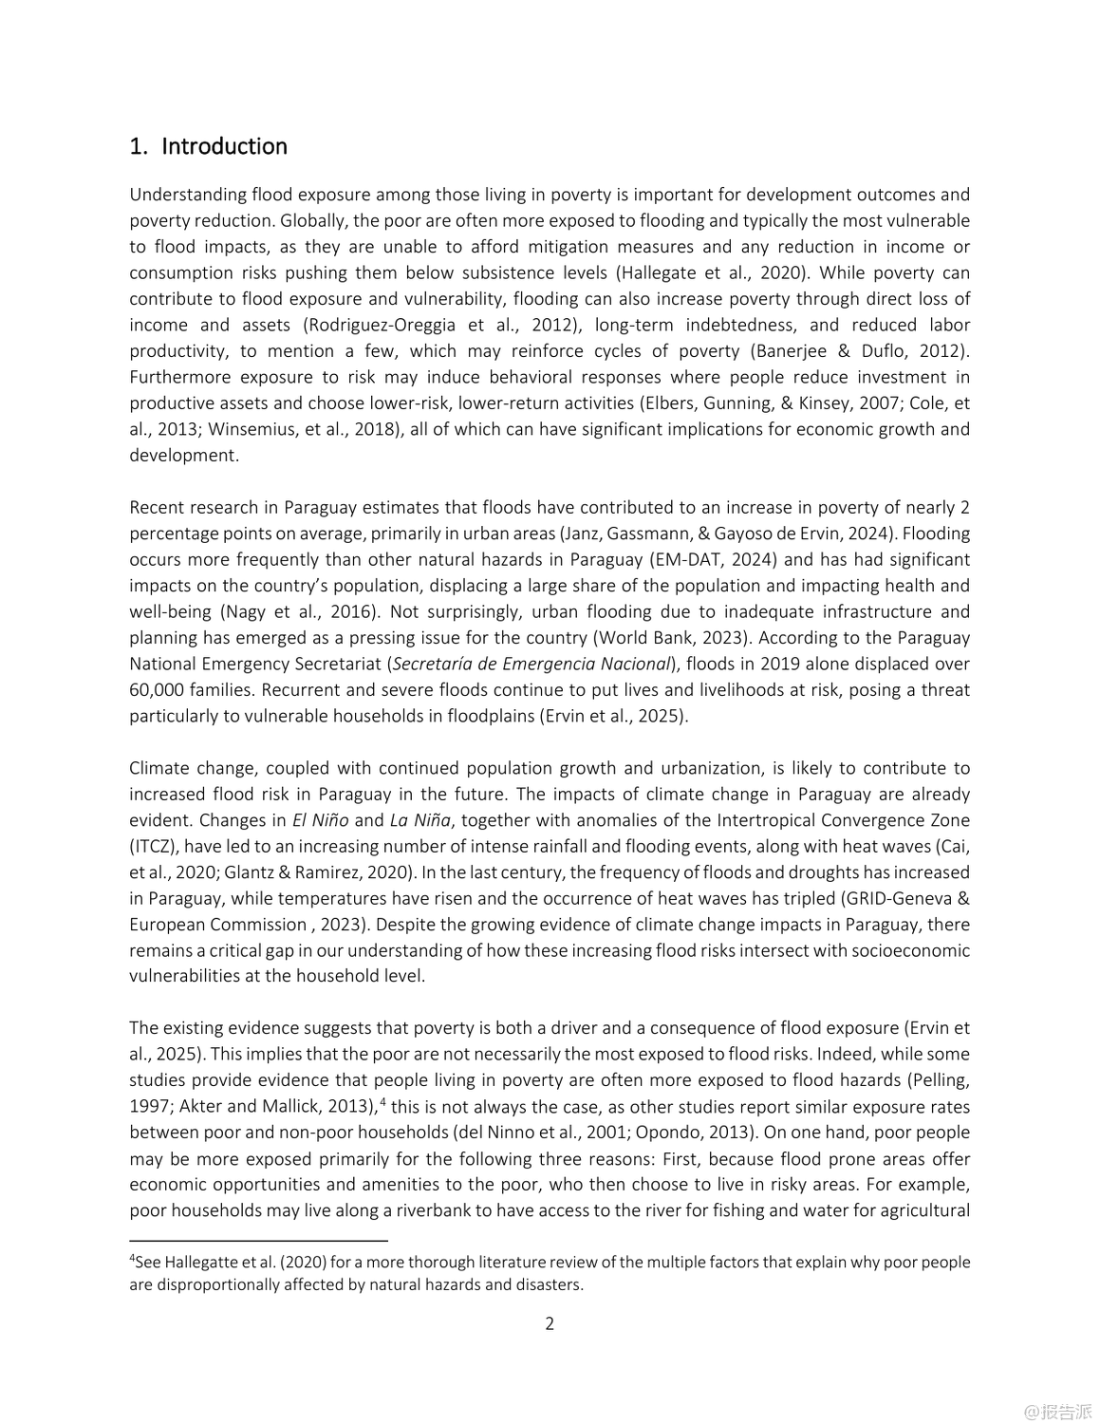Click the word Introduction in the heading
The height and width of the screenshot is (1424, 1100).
(x=224, y=146)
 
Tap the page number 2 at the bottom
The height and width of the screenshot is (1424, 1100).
(x=550, y=1323)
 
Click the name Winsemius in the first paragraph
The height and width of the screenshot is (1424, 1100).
(x=250, y=429)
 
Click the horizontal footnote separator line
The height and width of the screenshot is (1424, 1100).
(x=259, y=1241)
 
